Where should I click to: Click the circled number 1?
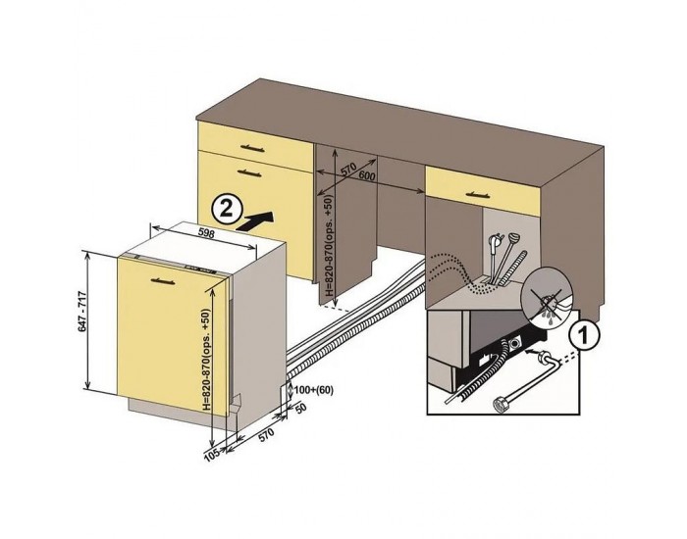(x=582, y=336)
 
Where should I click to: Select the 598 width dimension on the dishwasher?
(x=206, y=232)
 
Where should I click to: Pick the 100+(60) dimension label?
(x=313, y=390)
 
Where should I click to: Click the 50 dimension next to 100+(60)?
(x=300, y=410)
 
